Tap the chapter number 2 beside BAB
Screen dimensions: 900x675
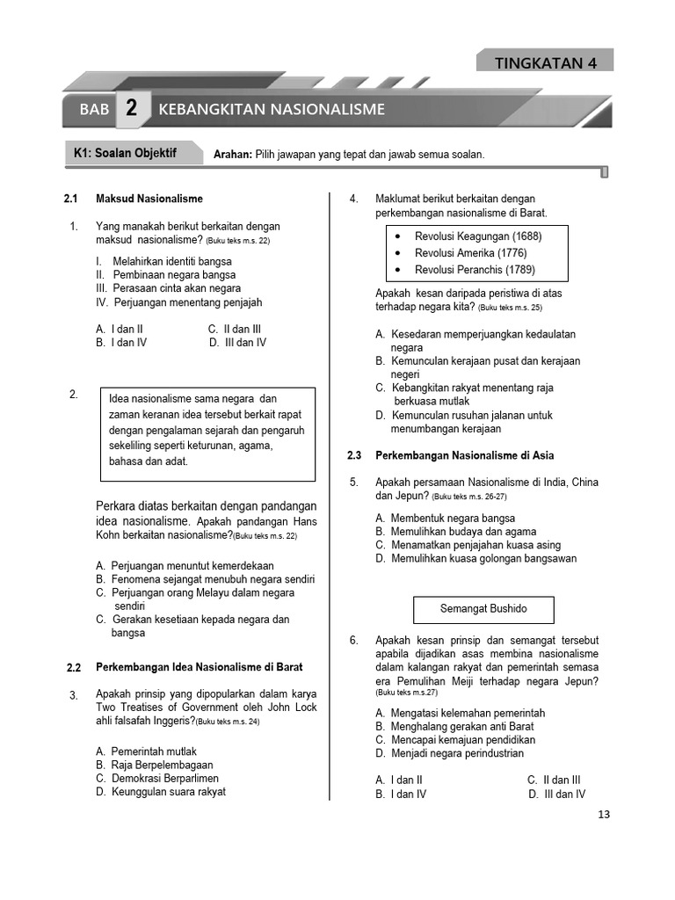click(x=131, y=110)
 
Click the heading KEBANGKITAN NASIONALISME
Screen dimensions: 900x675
click(x=272, y=110)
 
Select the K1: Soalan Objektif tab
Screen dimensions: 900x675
click(x=125, y=153)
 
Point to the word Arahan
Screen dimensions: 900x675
click(x=232, y=155)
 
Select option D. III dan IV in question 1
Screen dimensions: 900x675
click(x=237, y=343)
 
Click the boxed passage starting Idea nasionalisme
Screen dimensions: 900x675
click(x=207, y=434)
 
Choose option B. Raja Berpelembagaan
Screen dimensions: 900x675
click(x=157, y=765)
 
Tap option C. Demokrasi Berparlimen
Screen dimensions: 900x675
click(x=157, y=778)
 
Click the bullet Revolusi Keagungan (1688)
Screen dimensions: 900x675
click(x=478, y=236)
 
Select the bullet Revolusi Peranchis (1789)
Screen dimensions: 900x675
click(x=475, y=270)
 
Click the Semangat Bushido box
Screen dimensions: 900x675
click(x=483, y=609)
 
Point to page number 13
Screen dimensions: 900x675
click(x=603, y=814)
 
